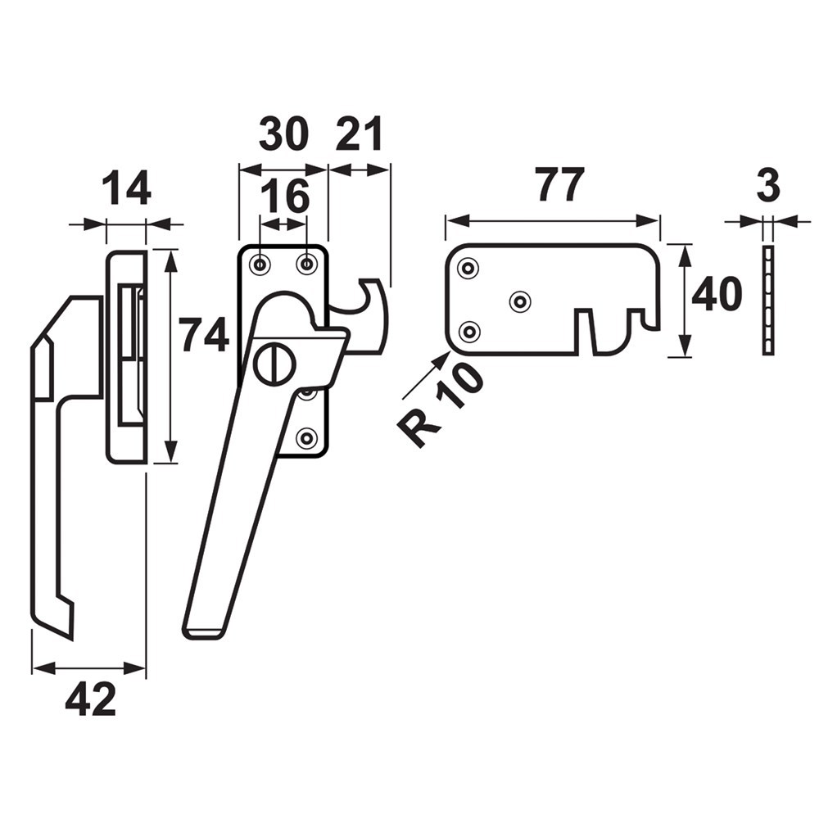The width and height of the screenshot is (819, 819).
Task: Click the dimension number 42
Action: click(x=90, y=700)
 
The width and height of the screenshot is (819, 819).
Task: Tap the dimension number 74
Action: click(x=204, y=335)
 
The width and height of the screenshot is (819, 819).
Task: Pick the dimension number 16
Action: click(x=285, y=197)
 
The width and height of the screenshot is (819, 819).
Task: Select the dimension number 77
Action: click(x=560, y=185)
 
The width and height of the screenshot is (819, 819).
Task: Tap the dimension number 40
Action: click(x=717, y=295)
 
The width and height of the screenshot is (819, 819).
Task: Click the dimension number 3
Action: click(x=767, y=187)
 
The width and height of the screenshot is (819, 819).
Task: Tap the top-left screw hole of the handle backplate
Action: click(x=260, y=264)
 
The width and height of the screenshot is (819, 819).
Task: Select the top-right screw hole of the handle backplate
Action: click(x=307, y=264)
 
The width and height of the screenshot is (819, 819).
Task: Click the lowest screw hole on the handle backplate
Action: click(x=306, y=438)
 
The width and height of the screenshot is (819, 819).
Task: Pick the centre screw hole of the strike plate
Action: click(x=519, y=301)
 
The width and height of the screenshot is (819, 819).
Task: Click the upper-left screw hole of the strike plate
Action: click(x=468, y=269)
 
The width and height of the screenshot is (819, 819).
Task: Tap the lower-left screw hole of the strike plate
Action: click(x=468, y=332)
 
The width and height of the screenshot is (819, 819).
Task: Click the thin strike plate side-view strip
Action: click(x=767, y=299)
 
